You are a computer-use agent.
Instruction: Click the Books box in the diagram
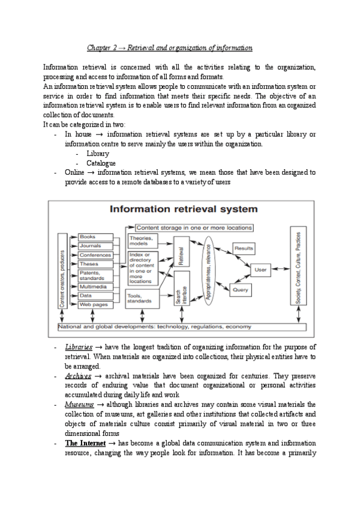pos(95,237)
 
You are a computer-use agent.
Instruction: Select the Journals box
pos(95,245)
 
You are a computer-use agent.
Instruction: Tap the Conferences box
pos(95,255)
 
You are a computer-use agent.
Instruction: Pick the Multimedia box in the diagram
pos(95,287)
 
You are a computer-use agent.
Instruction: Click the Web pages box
pos(95,304)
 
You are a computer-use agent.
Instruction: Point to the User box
pos(260,270)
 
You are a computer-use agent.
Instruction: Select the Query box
pos(240,289)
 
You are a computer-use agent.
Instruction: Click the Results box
pos(243,248)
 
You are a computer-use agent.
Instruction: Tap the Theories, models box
pos(142,241)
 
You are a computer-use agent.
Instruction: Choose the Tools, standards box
pos(142,298)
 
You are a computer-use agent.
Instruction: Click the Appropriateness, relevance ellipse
pos(208,270)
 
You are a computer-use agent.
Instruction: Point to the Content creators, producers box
pos(62,270)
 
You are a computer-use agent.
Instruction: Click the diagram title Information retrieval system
pos(183,209)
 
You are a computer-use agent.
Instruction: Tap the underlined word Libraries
pos(78,347)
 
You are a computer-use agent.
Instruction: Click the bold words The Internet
pos(85,443)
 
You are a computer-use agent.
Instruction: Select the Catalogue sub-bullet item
pos(101,163)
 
